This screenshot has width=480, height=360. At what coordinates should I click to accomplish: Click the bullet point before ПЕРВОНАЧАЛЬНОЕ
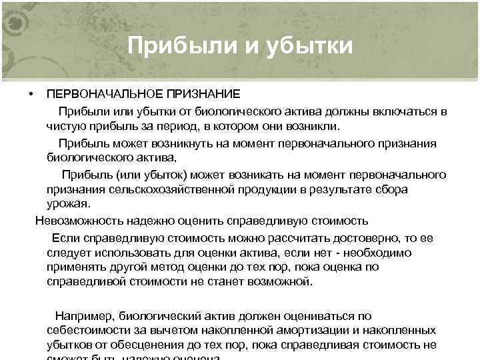31,93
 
